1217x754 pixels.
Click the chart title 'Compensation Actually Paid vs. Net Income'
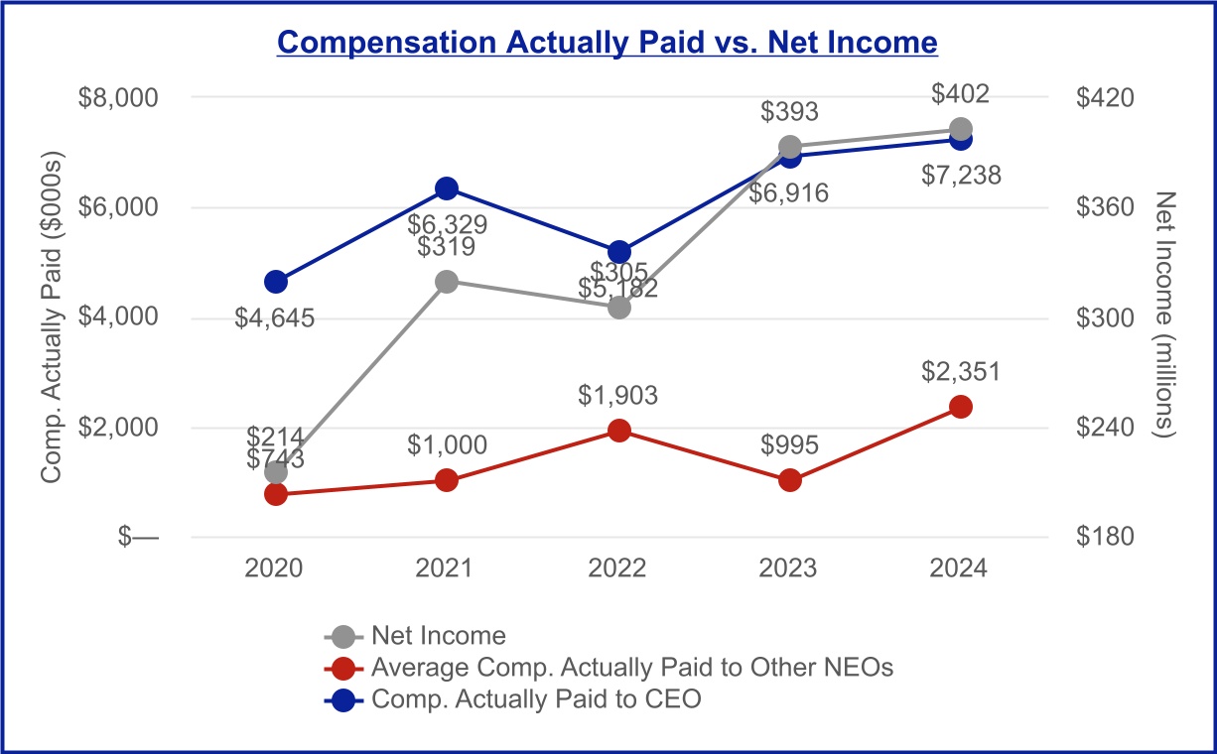607,43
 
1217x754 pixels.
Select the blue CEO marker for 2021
447,188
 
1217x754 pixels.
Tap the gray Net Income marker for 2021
447,282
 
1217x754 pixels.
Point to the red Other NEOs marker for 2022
618,431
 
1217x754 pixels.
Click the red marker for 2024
961,407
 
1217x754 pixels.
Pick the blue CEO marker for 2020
275,282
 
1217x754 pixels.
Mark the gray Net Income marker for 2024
961,130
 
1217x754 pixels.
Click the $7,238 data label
961,176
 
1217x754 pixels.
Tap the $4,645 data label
274,317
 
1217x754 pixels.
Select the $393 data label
789,111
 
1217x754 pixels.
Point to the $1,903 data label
617,395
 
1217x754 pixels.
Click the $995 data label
789,445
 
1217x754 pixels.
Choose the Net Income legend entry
415,636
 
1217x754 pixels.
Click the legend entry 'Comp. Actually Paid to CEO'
512,699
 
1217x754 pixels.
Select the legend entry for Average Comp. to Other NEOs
608,668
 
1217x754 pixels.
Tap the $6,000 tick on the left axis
118,206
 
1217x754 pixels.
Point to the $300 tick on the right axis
1105,317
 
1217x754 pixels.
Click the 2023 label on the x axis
788,568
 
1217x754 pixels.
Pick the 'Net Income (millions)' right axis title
1164,314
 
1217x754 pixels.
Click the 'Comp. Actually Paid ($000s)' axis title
52,316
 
